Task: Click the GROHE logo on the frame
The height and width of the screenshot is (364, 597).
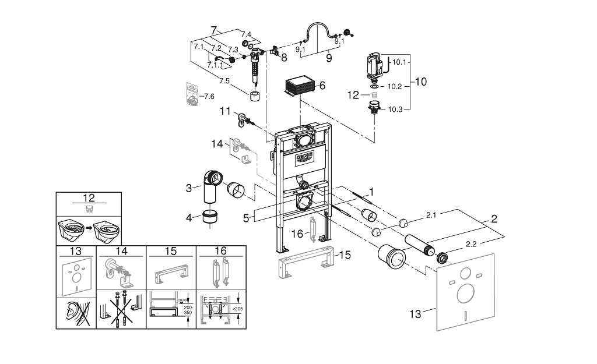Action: click(x=305, y=157)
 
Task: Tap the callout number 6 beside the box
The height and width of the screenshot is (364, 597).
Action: click(x=322, y=85)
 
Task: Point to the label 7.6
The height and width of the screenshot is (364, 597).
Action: click(x=208, y=96)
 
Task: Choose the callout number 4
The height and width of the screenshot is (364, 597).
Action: click(x=188, y=218)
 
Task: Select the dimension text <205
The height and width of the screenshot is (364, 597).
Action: click(x=237, y=309)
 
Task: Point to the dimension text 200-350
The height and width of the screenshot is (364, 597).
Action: click(x=188, y=312)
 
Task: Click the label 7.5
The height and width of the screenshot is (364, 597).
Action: click(x=224, y=80)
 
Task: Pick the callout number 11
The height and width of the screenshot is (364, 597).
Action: click(x=225, y=110)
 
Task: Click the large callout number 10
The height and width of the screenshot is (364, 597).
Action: click(x=420, y=82)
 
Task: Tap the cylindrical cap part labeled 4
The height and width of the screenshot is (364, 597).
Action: click(x=209, y=218)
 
